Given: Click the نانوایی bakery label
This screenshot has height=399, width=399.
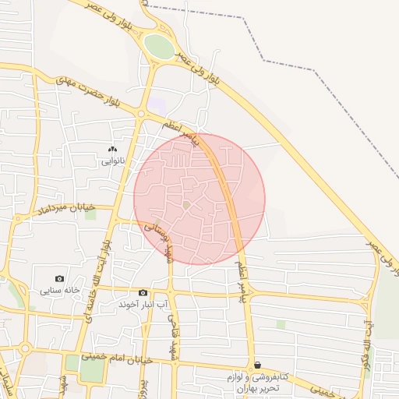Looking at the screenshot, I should coord(112,162).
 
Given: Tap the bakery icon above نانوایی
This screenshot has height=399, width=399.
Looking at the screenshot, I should coord(112,149).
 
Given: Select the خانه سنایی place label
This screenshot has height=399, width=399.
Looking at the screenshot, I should coord(60,291).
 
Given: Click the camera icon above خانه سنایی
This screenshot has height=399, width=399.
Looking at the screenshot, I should coord(60,278).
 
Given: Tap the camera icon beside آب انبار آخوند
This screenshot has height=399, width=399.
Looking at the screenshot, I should coord(143,292).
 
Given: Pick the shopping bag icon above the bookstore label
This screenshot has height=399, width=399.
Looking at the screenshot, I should coord(257,365).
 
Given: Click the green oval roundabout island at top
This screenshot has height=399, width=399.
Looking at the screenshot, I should coord(160,46).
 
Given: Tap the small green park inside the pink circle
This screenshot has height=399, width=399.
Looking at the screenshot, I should coord(186,204).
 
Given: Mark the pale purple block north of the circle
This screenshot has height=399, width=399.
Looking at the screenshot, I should coord(158,103).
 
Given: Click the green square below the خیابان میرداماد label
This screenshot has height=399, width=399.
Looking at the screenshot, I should coord(90,214).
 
